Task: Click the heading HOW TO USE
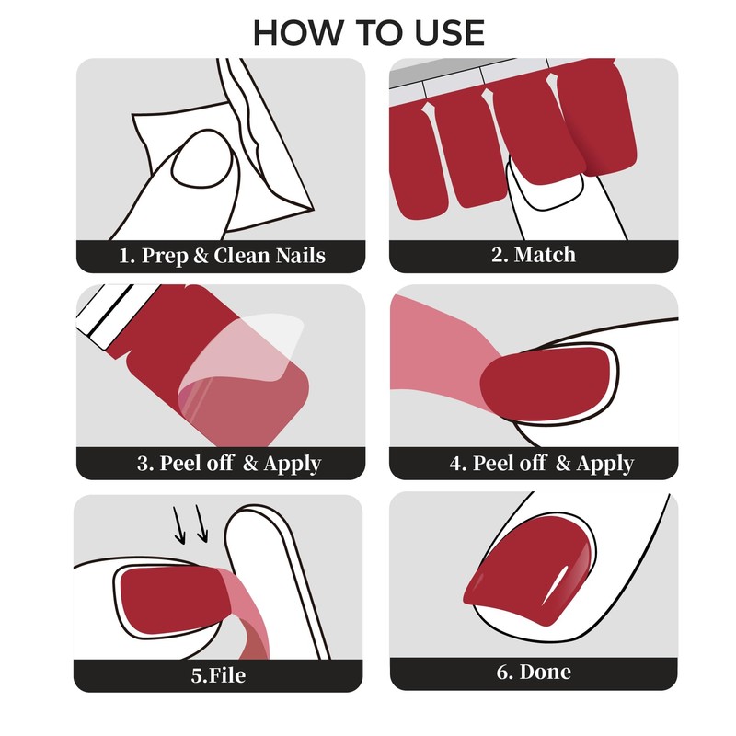coord(369,33)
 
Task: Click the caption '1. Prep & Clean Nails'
coord(222,256)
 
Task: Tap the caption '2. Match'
coord(534,255)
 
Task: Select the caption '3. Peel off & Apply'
coord(229,464)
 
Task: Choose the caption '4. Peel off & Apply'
coord(542,464)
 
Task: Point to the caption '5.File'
coord(218,675)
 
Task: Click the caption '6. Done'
coord(534,672)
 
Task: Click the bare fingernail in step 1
coord(202,158)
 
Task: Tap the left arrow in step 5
coord(178,524)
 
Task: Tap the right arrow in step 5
coord(201,523)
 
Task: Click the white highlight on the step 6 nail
coord(556,585)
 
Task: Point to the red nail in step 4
coord(547,384)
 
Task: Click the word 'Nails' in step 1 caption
coord(301,256)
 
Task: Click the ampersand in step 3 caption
coord(250,463)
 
